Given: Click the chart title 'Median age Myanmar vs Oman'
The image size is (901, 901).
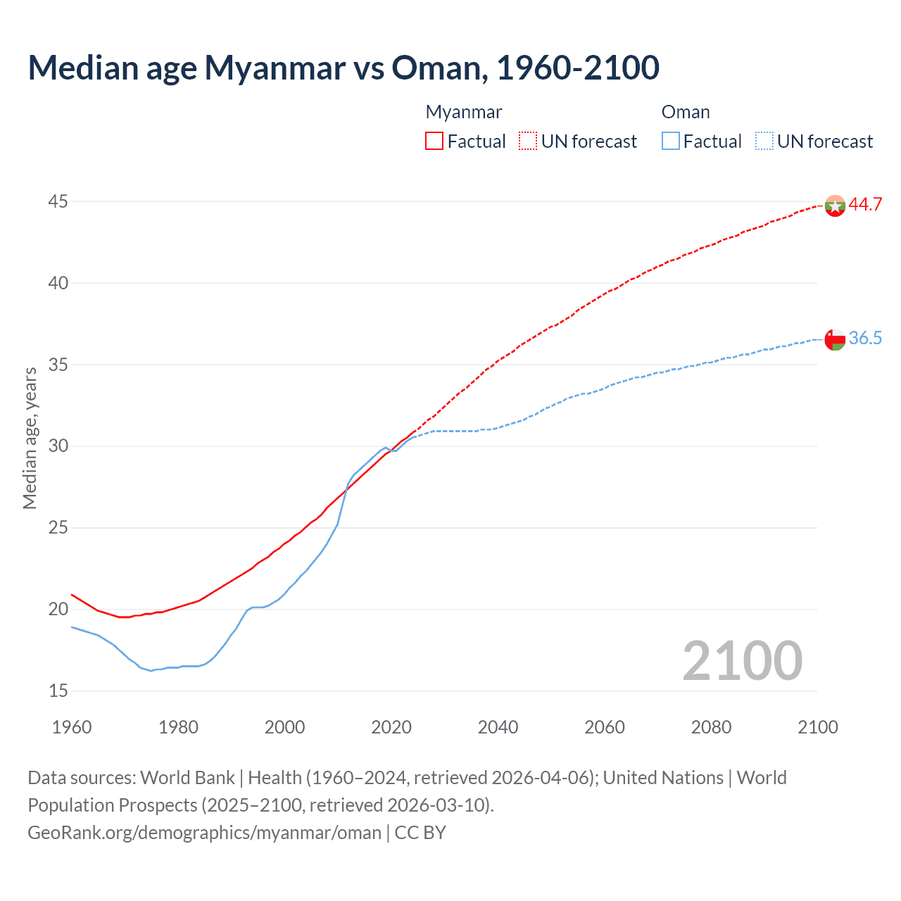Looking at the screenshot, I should coord(344,68).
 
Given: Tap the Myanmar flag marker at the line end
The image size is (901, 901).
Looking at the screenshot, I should coord(835,206).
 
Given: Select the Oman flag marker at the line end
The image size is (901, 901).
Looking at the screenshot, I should coord(835,339).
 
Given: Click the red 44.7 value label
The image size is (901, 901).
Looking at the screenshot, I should coord(865,204).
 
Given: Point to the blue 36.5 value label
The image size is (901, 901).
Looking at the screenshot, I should coord(865,339).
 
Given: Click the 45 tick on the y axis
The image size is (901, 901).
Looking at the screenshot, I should coord(58,202).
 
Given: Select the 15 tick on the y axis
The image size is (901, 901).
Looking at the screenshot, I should coord(58,691).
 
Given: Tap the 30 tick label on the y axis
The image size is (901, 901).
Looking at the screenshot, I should coord(58,446).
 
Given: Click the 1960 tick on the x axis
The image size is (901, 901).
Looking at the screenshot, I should coord(72,727).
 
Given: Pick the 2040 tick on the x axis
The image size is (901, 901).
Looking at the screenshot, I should coord(498,727).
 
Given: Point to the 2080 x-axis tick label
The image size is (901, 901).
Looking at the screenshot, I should coord(711,727).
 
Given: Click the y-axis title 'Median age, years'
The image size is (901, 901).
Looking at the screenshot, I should coord(30,438).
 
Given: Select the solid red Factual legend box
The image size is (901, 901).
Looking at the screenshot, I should coord(434,141).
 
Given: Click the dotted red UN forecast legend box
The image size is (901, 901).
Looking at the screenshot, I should coord(528,141).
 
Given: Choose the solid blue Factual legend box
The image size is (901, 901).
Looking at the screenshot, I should coord(671,141).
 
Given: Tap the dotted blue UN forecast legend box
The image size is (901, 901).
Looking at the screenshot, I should coord(764,141).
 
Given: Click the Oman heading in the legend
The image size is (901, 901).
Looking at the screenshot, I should coord(686,113).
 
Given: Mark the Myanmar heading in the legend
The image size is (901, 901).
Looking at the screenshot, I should coord(464,113).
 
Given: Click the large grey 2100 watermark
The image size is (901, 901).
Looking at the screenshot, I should coord(742,660).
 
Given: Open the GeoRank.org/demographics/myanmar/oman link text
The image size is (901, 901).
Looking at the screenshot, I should coord(204,833).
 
